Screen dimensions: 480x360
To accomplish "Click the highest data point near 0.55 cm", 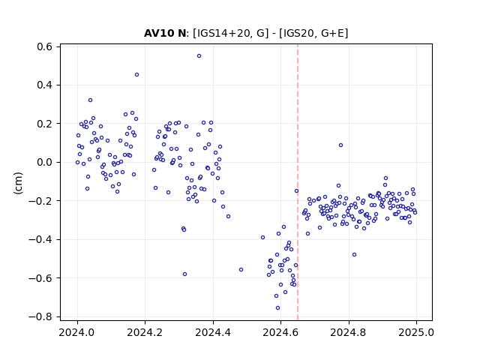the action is [199, 56].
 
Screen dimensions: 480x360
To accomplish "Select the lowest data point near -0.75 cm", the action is [277, 308].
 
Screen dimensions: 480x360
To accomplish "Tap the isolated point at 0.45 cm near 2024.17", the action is [136, 75].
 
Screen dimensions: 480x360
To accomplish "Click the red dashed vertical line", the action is [298, 182].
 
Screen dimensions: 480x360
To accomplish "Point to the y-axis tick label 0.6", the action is [45, 46].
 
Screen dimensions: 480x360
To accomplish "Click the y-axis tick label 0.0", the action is [45, 162].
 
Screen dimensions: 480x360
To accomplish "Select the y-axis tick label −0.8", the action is [40, 316].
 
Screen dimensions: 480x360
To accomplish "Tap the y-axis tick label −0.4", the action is [40, 239].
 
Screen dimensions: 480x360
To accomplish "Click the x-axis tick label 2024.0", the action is [77, 332].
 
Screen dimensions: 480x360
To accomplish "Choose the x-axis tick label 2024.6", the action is [280, 332].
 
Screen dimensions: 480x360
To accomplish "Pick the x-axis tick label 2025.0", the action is [416, 332].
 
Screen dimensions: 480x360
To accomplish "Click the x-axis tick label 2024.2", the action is [145, 332].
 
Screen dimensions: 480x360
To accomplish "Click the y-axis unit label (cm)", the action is [18, 183].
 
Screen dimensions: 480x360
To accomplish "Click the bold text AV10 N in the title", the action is [165, 33].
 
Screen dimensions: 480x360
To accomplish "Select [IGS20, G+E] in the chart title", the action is [313, 33].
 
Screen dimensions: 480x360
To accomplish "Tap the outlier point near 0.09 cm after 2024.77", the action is [340, 145].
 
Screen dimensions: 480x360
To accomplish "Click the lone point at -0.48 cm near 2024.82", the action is [354, 255].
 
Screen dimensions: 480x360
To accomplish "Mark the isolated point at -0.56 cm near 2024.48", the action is [241, 270].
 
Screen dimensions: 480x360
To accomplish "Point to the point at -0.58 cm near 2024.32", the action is [184, 274].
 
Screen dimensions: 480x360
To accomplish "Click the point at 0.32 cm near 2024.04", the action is [90, 100].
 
